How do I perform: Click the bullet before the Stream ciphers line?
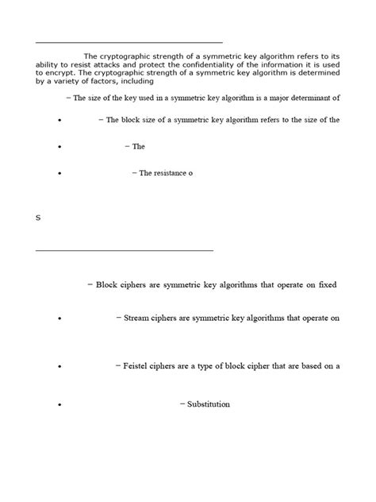pos(60,319)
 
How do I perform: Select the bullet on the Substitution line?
pos(60,406)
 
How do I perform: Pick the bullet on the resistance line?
pos(60,174)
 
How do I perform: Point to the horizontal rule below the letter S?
pos(125,251)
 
